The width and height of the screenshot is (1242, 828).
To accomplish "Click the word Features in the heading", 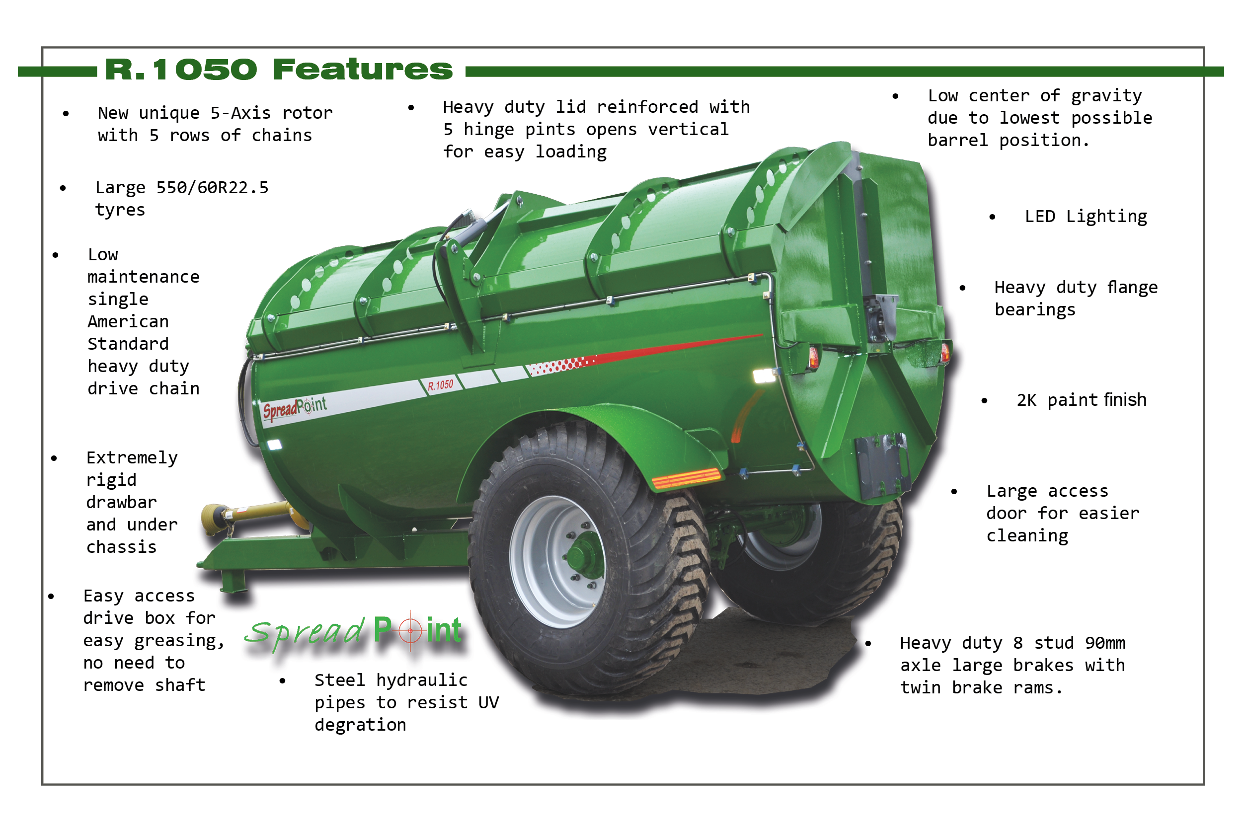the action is [363, 70].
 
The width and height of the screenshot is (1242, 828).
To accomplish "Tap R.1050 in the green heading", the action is [181, 70].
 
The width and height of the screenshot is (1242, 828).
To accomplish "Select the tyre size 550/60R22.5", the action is [212, 187].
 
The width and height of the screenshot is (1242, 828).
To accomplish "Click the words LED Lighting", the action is [1086, 217].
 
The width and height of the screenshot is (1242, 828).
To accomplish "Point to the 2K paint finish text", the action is [1082, 400].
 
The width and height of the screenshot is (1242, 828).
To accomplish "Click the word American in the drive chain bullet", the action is [128, 321].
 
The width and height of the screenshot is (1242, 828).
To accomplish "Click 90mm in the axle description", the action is [1105, 643].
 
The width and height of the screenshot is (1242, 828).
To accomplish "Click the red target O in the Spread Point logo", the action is [410, 630].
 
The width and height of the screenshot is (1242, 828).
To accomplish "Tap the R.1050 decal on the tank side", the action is [440, 385].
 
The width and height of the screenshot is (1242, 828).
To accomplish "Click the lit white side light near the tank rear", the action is [764, 376].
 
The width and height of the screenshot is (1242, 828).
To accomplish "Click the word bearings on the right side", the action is [1035, 310].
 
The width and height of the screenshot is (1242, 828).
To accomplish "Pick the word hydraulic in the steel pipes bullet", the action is [421, 680].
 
